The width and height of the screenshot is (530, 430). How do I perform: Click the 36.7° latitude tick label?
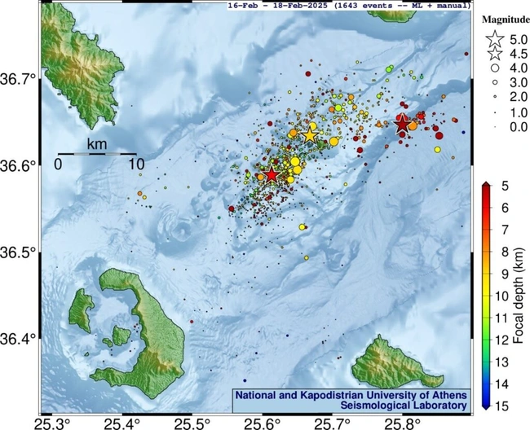20,79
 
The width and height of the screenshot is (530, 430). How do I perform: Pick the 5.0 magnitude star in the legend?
493,38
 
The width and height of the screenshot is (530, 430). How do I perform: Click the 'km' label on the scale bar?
97,145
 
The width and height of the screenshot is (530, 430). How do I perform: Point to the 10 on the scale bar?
135,164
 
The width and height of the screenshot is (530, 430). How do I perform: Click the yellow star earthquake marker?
309,135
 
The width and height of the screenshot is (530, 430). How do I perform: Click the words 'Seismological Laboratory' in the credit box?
351,405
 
